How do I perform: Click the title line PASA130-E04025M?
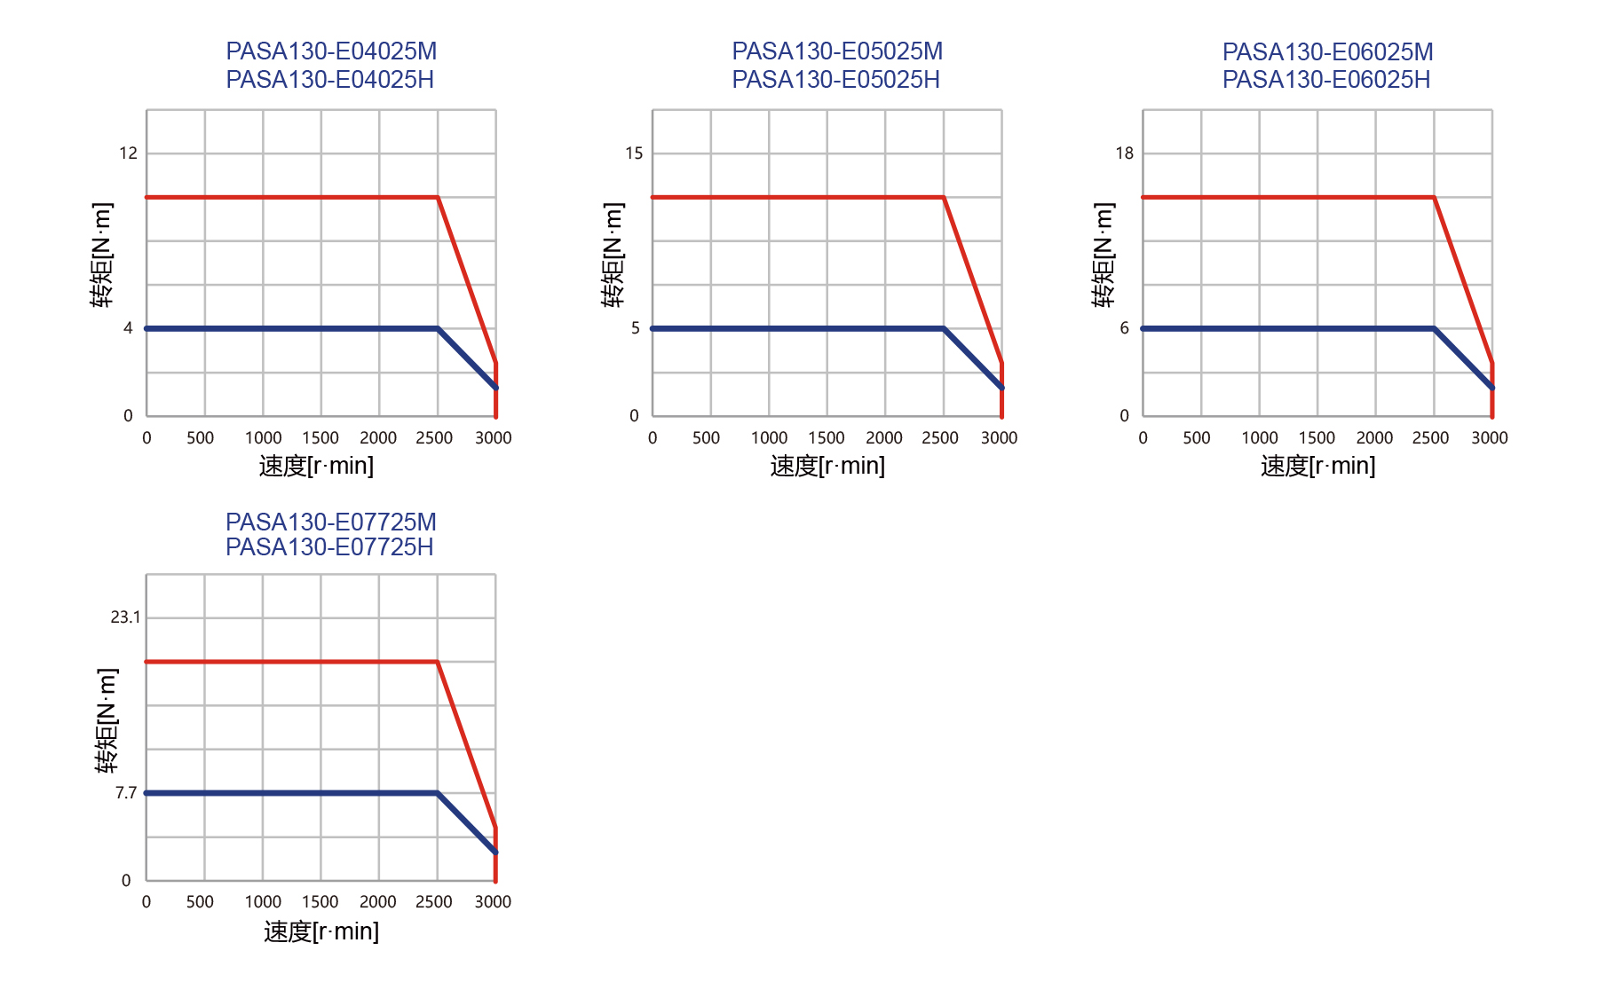coord(331,51)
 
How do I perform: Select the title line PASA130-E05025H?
coord(835,80)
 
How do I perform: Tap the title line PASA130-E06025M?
coord(1327,52)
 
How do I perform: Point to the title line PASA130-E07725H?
coord(329,547)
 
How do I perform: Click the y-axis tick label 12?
coord(129,153)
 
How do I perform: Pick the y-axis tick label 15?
coord(634,153)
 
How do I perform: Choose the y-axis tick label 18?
coord(1125,153)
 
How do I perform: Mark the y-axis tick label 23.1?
coord(125,617)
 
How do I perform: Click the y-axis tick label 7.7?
coord(126,793)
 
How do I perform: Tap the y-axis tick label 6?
coord(1124,328)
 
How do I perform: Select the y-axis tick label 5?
coord(635,328)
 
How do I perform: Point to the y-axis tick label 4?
coord(128,328)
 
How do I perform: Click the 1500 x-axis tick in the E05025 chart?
coord(827,437)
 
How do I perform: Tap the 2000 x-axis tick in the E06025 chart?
coord(1374,437)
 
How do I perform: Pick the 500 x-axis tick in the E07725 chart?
coord(200,902)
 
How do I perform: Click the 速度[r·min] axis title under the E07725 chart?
coord(321,931)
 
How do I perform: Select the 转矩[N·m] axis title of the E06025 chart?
coord(1104,255)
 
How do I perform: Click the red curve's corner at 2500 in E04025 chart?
coord(438,197)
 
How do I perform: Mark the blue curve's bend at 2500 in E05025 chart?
coord(944,328)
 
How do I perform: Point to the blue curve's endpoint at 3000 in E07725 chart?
coord(495,852)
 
